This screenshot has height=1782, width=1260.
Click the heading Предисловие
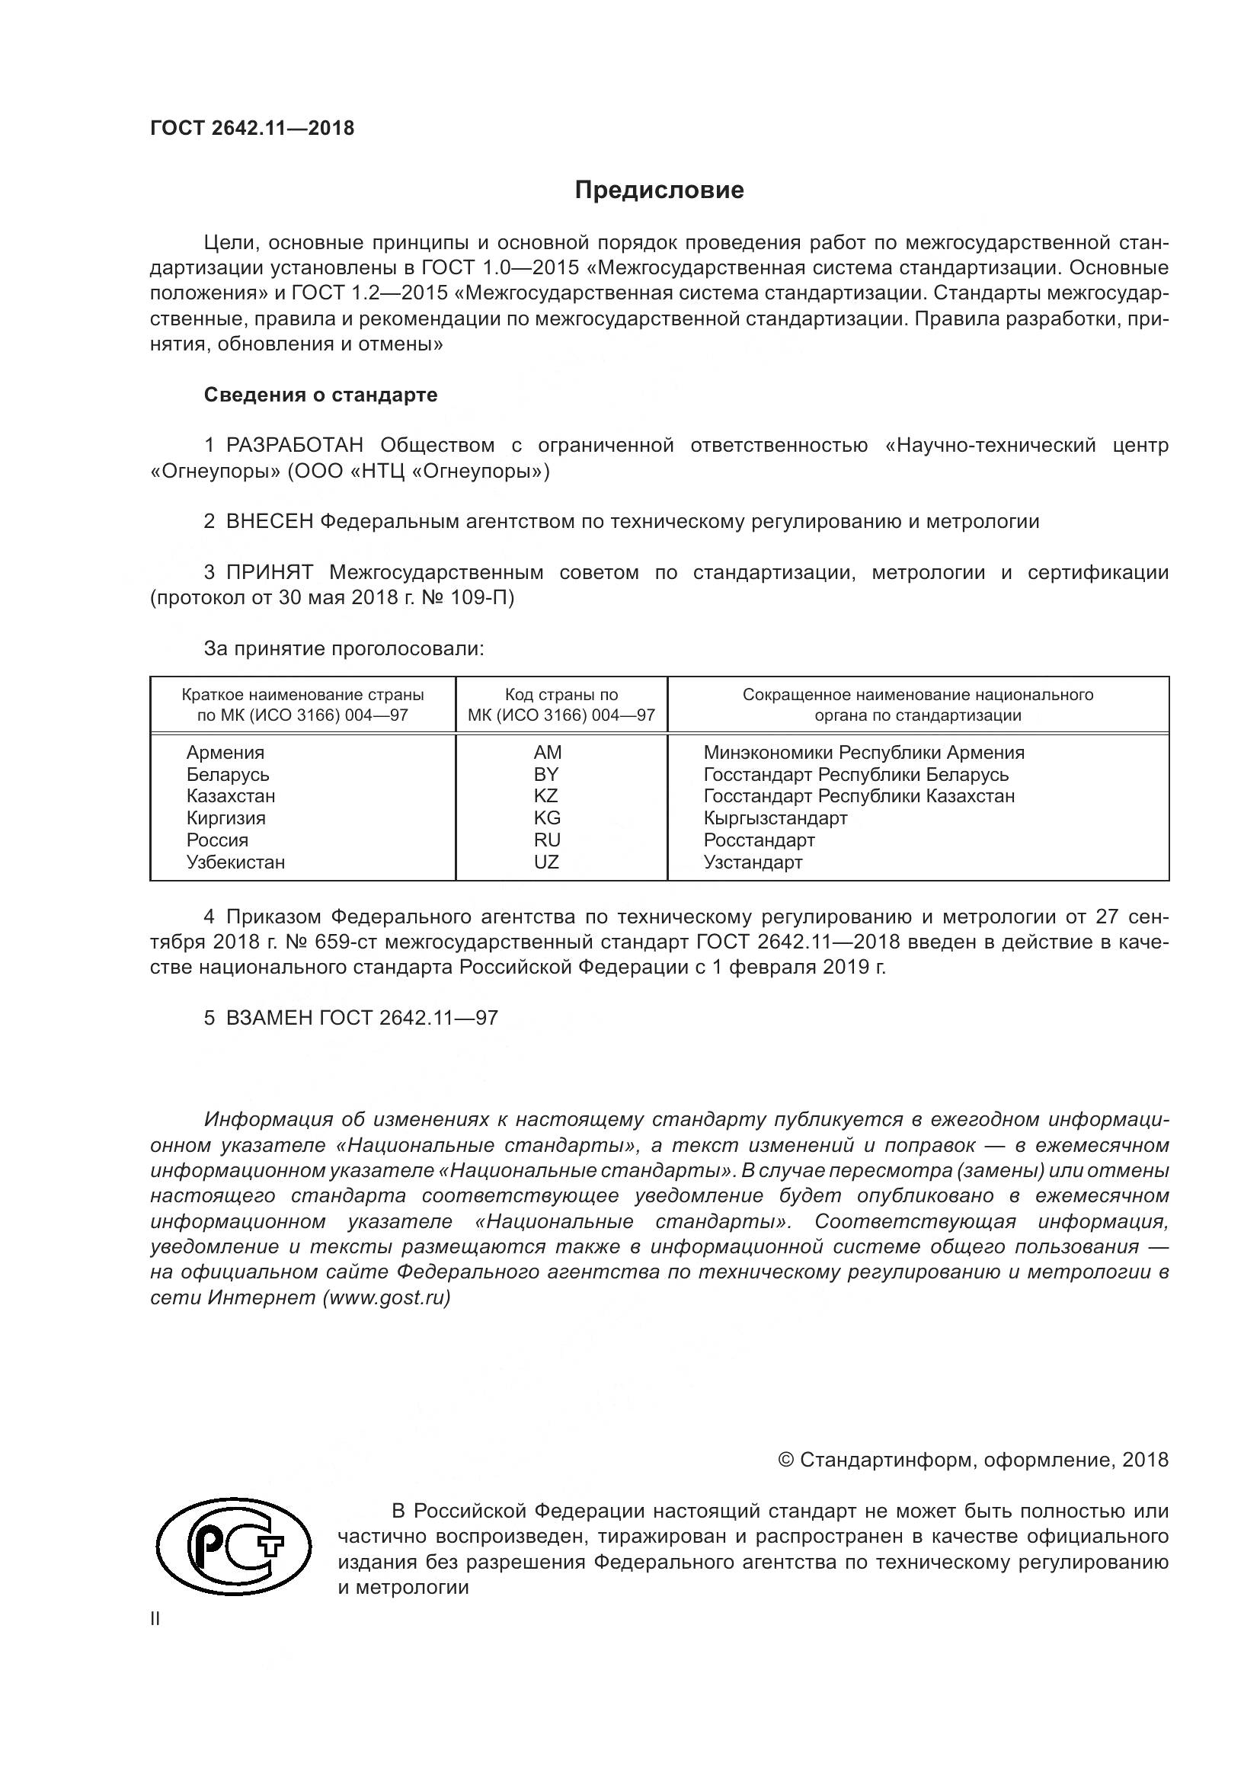pos(659,190)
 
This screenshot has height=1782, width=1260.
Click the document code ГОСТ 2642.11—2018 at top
pos(252,129)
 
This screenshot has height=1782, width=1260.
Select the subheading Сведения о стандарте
pos(321,395)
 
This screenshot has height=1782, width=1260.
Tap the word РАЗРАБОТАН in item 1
pos(294,446)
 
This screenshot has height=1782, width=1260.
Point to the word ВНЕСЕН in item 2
pos(269,522)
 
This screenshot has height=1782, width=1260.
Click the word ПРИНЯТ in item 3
pos(269,573)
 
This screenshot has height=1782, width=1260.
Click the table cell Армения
pos(225,752)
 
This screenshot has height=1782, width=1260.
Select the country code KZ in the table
pos(546,796)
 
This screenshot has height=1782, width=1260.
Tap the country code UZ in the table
pos(546,862)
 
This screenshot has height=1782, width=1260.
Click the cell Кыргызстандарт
pos(775,818)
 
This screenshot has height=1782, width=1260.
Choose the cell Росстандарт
pos(759,840)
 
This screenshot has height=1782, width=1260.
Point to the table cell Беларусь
pos(227,775)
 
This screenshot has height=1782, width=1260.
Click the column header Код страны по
pos(561,695)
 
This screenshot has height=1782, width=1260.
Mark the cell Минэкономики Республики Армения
pos(864,752)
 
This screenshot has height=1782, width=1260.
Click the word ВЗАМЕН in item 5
pos(269,1019)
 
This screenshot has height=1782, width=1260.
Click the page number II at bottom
pos(155,1619)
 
